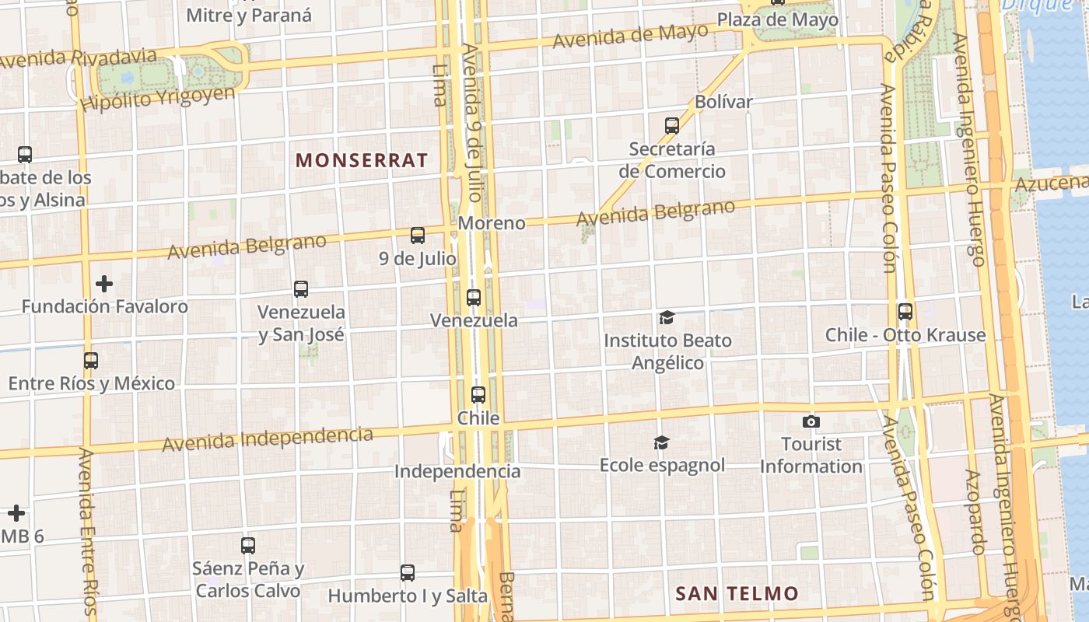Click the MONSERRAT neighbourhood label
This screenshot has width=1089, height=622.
(x=362, y=161)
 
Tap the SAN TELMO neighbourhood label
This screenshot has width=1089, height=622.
(x=737, y=594)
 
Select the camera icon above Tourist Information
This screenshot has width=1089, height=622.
(x=811, y=421)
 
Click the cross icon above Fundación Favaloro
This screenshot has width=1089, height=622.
(x=104, y=284)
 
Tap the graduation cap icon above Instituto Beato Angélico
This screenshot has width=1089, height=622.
(x=667, y=317)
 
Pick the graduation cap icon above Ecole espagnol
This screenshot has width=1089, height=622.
(x=661, y=442)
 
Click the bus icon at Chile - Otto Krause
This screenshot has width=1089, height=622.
(x=905, y=312)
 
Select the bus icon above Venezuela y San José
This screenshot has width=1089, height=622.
(x=301, y=289)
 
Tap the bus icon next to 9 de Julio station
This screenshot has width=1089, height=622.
(x=418, y=235)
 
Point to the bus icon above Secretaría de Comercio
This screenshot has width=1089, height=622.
(x=672, y=125)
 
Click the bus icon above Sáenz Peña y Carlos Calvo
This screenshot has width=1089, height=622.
(x=248, y=546)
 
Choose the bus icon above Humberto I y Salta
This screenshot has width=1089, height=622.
(x=408, y=573)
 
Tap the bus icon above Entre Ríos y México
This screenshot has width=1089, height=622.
(x=91, y=361)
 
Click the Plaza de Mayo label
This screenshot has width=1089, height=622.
(x=777, y=19)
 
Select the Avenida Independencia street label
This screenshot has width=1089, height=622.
(x=267, y=439)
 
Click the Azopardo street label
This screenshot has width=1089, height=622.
(x=975, y=512)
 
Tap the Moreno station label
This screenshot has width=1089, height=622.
(x=492, y=223)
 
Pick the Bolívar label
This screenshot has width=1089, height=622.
(x=723, y=102)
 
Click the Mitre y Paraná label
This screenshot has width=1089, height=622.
(x=249, y=15)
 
